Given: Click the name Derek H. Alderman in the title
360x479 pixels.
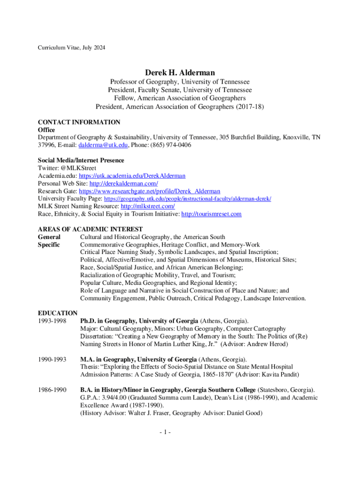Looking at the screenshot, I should (180, 73).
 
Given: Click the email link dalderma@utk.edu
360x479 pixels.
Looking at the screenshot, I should (103, 145).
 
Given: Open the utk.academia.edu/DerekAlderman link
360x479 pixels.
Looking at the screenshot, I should (132, 176).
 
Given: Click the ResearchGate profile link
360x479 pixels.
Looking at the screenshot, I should (149, 191).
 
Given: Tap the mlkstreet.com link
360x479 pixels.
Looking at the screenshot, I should (148, 206).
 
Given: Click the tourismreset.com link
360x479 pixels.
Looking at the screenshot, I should (211, 214).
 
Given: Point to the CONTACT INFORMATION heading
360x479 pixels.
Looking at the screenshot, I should (79, 122).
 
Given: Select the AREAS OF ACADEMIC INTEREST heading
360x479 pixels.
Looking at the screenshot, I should (90, 229).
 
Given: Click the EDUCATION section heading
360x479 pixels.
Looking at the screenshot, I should (58, 313).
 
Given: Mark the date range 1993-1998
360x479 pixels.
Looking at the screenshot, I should (52, 321).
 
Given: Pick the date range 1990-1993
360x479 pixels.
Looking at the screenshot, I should (52, 359).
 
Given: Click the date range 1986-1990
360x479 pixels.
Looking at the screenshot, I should (52, 390).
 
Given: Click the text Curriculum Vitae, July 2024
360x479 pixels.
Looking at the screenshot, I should (72, 48).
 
